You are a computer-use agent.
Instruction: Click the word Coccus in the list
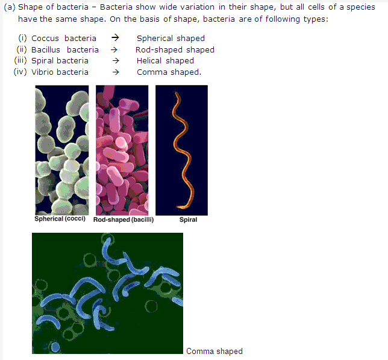click(45, 39)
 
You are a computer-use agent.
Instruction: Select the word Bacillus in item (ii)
click(46, 50)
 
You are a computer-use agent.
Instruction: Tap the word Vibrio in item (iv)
click(42, 72)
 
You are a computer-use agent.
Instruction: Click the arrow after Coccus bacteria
click(115, 38)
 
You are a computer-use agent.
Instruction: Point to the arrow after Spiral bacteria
click(116, 61)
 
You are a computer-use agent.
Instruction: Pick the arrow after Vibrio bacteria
click(116, 72)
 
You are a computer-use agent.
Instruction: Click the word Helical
click(149, 61)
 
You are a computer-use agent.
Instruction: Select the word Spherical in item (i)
click(155, 39)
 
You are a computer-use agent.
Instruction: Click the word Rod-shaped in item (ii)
click(160, 50)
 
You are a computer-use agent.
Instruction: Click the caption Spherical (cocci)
click(60, 219)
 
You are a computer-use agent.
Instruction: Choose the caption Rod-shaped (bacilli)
click(124, 219)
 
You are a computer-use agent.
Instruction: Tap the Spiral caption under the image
click(189, 219)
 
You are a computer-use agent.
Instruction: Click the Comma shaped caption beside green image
click(214, 352)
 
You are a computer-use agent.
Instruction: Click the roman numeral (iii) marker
click(20, 61)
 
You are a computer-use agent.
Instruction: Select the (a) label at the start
click(10, 7)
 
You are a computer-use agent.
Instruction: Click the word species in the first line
click(361, 7)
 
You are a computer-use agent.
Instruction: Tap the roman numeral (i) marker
click(22, 38)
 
